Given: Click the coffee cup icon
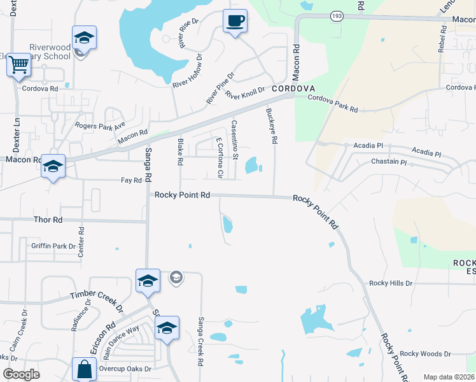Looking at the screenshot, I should click(235, 21).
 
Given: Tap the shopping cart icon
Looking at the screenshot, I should click(18, 64).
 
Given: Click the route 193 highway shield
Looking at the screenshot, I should click(337, 15).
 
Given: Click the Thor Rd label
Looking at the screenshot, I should click(48, 220).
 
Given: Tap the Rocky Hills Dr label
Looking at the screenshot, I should click(391, 283).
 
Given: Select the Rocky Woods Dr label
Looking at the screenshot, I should click(425, 353).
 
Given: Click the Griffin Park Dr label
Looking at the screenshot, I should click(53, 246).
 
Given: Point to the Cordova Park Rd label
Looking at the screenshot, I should click(333, 104).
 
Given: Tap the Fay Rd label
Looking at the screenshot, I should click(131, 180).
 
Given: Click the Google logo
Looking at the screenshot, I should click(21, 374).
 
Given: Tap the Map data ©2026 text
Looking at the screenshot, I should click(448, 377).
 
